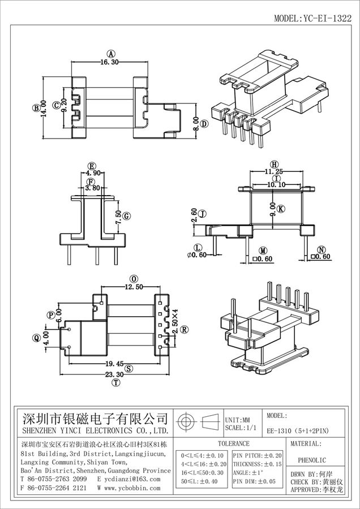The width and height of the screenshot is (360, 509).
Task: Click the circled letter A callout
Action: pos(111,54)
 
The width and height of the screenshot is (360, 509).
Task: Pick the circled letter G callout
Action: pos(127,216)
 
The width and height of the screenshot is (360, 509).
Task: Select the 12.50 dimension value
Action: pos(134,287)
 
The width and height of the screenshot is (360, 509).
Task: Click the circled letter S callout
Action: pos(129,369)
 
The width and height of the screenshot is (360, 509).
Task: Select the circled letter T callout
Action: pos(117,383)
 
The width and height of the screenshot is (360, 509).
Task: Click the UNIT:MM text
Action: pos(238,420)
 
